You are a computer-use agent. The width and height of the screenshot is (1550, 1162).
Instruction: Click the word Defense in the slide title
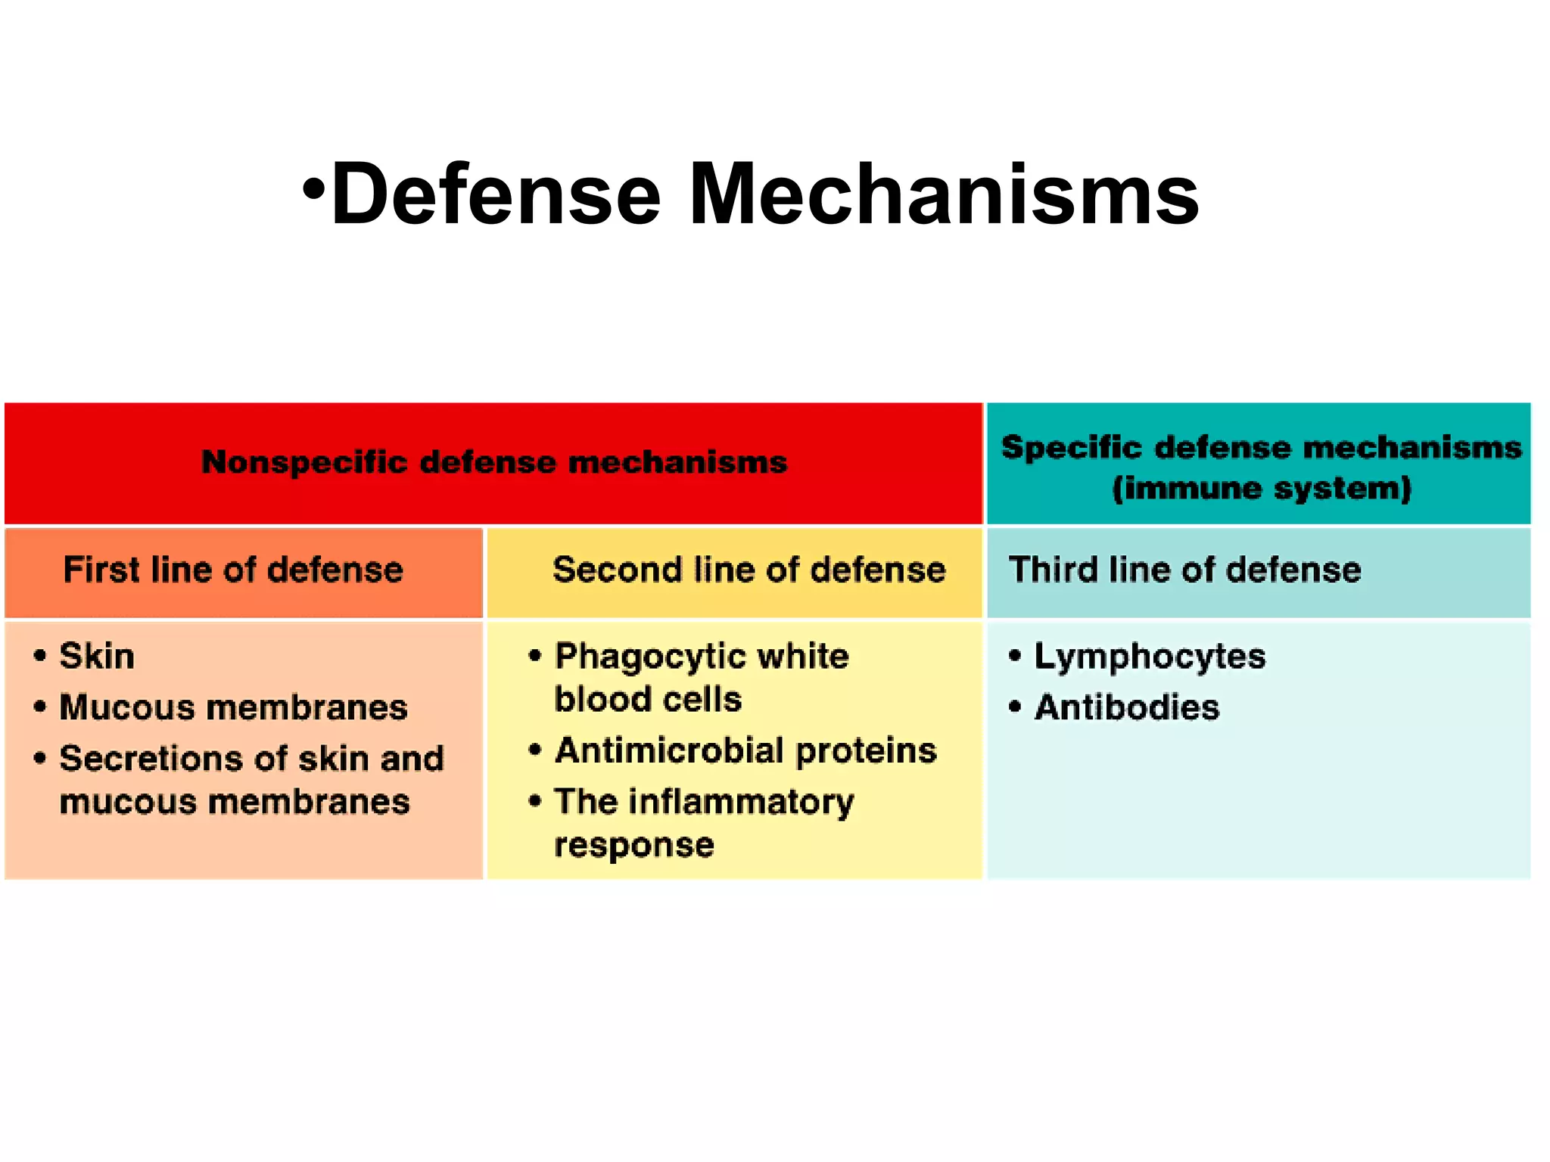click(496, 194)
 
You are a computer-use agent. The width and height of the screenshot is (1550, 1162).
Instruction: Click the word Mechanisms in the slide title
click(944, 194)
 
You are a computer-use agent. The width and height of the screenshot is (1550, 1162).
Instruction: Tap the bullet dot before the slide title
click(313, 187)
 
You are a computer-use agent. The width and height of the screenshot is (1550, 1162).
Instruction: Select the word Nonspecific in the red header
click(304, 461)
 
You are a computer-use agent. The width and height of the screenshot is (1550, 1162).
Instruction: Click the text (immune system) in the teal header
click(1262, 488)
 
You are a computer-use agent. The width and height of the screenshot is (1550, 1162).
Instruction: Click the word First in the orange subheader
click(100, 570)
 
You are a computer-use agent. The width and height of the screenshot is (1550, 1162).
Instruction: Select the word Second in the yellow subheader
click(616, 570)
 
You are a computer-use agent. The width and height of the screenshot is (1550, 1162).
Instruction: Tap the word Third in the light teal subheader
click(1053, 570)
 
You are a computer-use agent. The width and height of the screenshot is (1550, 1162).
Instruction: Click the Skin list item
click(97, 656)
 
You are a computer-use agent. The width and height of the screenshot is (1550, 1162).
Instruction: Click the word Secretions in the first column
click(152, 758)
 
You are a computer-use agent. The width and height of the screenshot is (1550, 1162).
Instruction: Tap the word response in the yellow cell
click(634, 844)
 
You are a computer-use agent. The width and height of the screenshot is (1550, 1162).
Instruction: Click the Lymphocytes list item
click(1150, 657)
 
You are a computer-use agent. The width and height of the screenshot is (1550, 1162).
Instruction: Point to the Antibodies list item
click(1127, 707)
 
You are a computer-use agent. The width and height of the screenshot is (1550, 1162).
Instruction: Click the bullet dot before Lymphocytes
click(1015, 656)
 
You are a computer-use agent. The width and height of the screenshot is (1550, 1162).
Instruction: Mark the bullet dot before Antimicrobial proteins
click(535, 750)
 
